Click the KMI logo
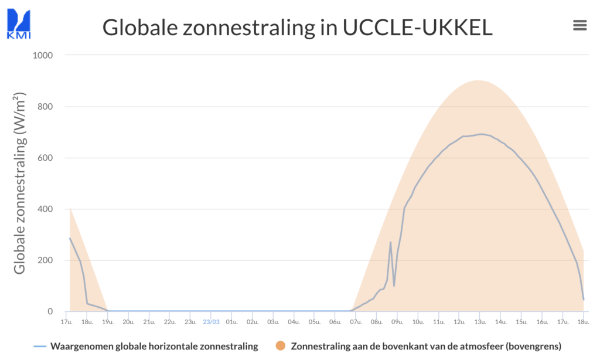(18, 23)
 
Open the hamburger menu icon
(579, 25)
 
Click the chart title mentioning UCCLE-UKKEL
(297, 28)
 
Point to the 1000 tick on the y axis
(42, 56)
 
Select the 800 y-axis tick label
(45, 107)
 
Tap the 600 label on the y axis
(45, 158)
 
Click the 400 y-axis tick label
(45, 209)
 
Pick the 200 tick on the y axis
(45, 260)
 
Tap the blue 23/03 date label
(211, 322)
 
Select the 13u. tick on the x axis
(480, 322)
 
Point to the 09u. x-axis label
(397, 322)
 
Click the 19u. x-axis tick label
(108, 322)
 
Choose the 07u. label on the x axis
(356, 322)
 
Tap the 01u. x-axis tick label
(231, 322)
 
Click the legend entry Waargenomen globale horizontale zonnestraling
(154, 347)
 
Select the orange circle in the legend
(281, 347)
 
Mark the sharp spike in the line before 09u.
(390, 242)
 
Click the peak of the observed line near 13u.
(481, 134)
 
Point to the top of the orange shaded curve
(478, 81)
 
